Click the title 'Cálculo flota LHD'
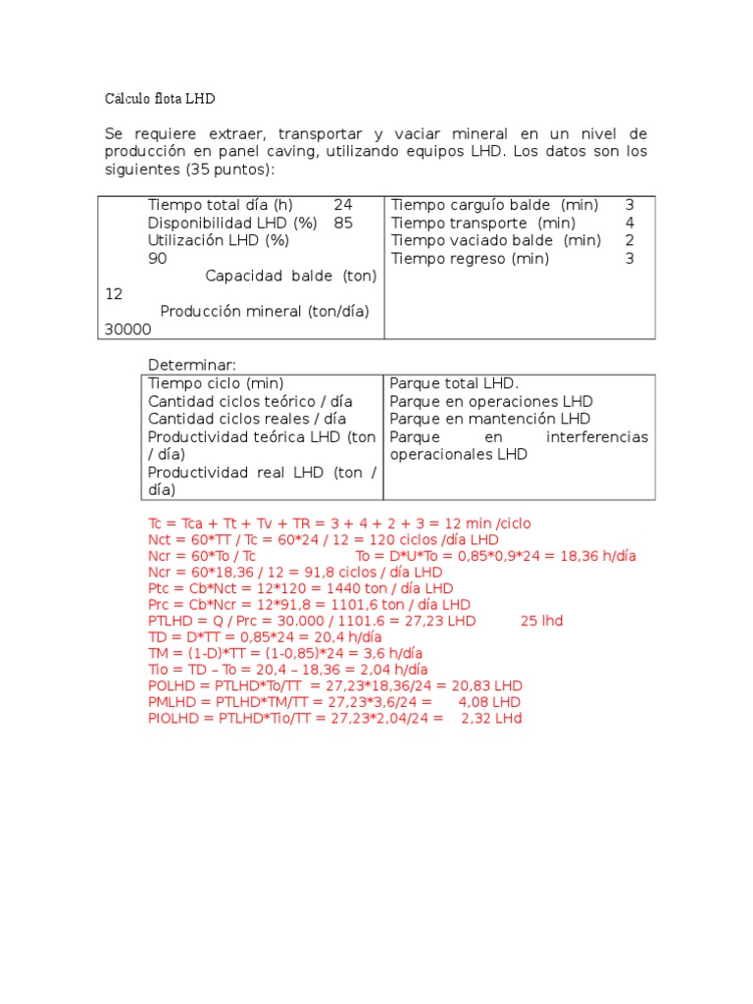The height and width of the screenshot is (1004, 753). coord(160,99)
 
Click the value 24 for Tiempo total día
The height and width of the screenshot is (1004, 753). coord(343,205)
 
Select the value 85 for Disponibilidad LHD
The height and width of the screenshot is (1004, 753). coord(343,223)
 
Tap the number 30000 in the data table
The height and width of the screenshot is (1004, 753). coord(128,330)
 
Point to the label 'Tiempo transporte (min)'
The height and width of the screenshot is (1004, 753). coord(482,223)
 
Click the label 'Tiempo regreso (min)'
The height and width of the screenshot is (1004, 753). coord(471,259)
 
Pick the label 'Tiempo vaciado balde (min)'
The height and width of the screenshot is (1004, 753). coord(496,240)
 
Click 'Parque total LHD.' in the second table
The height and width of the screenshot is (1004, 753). coord(454,383)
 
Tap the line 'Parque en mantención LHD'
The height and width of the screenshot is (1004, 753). coord(490,419)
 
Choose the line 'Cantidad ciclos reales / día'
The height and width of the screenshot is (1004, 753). coord(250,419)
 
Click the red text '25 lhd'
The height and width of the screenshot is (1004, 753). coord(541,621)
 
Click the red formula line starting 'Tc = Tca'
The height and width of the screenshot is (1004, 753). coord(339,524)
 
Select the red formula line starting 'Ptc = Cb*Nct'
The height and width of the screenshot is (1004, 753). coord(300,588)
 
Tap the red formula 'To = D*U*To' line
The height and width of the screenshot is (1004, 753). coord(496,556)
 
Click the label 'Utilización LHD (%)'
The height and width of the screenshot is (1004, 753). coord(219,240)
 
